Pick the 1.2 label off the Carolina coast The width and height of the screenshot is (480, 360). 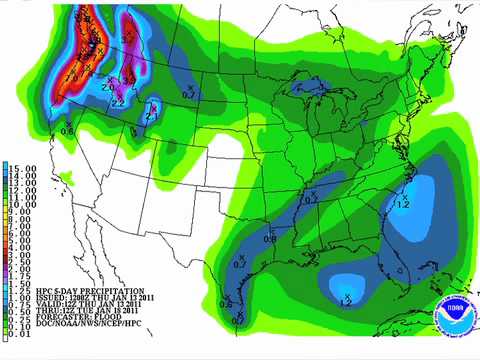click(403, 204)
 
